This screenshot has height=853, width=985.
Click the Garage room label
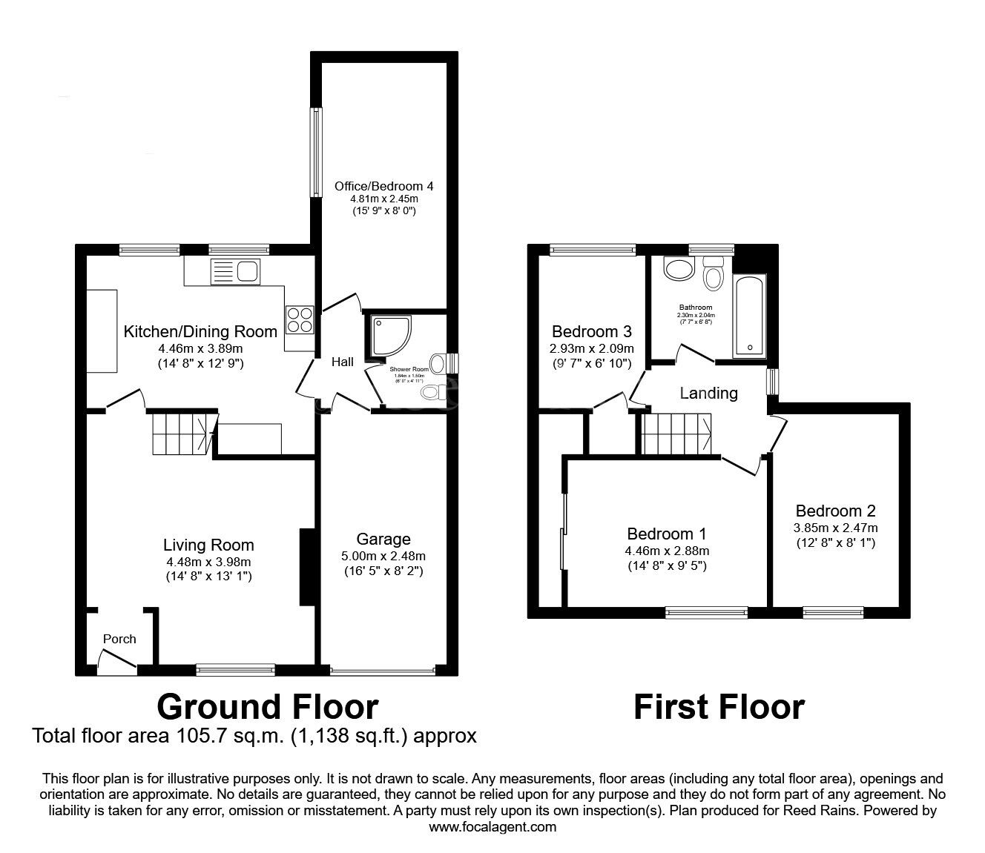pos(383,539)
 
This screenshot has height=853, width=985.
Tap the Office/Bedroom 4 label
pos(383,186)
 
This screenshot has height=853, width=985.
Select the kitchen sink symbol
pos(234,271)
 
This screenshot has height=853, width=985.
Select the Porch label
pos(119,639)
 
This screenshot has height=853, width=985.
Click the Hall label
pos(343,362)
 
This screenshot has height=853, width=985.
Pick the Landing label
pos(708,393)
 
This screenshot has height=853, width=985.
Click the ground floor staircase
pos(180,434)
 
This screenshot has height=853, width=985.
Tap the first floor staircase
pos(676,434)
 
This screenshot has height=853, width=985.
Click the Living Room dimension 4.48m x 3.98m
pos(208,561)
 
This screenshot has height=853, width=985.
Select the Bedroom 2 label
pos(835,511)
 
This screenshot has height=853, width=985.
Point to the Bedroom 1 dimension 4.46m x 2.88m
pos(667,551)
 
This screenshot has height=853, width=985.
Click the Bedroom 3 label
pos(592,331)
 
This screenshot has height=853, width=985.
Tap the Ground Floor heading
pos(267,706)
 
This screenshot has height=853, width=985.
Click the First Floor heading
pos(719,706)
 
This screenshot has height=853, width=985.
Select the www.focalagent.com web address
pos(492,826)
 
